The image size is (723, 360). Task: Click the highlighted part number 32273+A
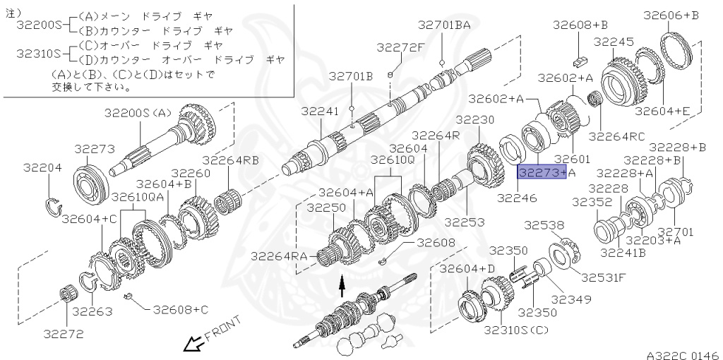pos(542,172)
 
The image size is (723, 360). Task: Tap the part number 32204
pos(42,168)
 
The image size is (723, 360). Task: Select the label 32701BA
pos(443,25)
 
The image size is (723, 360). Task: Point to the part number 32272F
pos(400,47)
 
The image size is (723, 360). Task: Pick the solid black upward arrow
pos(342,283)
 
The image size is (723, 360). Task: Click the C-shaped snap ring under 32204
pos(54,206)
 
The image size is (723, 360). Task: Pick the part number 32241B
pos(623,251)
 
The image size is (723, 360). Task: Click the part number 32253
pos(465,222)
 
